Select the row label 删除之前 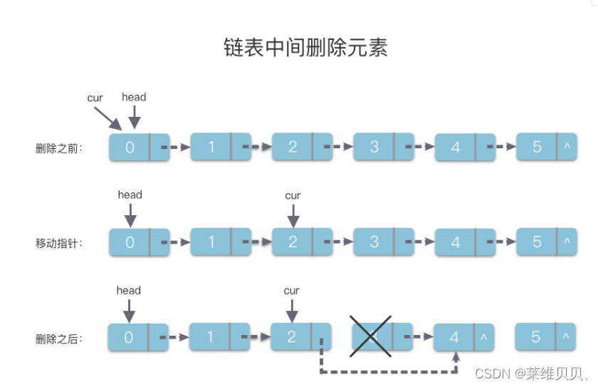click(59, 148)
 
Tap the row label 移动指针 click(59, 243)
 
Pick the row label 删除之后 click(59, 339)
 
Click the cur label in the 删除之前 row click(95, 98)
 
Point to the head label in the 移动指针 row click(130, 195)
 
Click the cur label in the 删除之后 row click(292, 291)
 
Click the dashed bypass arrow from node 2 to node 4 click(388, 371)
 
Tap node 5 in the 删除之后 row click(545, 337)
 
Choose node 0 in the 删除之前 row click(139, 147)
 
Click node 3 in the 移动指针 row click(383, 242)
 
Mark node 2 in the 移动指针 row click(302, 242)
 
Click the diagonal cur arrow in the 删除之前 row click(106, 116)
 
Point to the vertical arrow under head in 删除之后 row click(129, 310)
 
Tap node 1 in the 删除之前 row click(220, 147)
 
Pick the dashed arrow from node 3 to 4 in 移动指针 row click(424, 242)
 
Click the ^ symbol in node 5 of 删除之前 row click(567, 146)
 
